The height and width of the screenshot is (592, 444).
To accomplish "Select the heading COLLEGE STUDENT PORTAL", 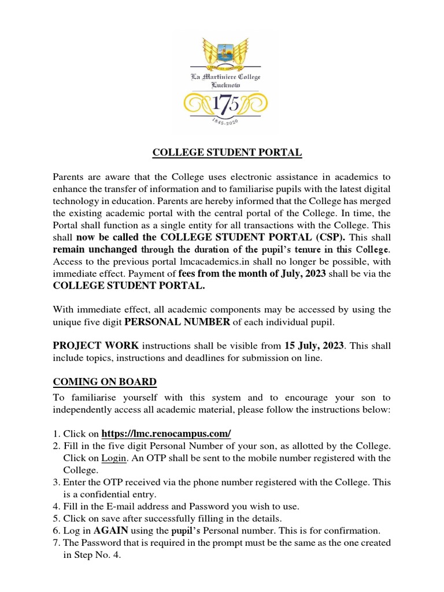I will pos(227,153).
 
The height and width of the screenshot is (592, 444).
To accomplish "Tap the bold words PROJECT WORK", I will pos(96,346).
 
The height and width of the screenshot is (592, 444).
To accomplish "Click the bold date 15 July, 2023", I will pos(314,346).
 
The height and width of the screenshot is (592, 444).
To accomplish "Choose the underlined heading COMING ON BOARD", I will pos(105,382).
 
